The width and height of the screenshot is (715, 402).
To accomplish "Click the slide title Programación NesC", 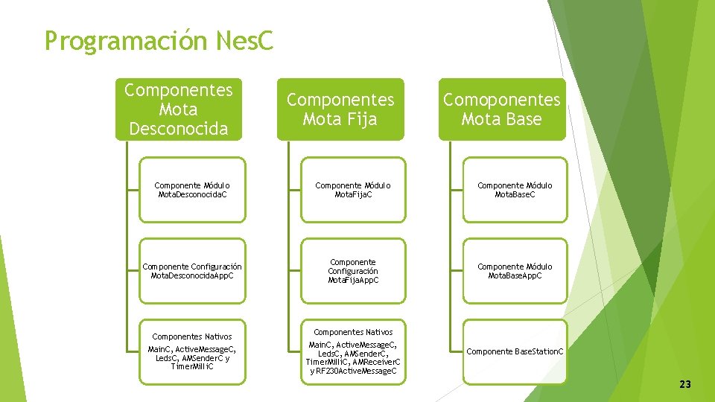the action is click(159, 40).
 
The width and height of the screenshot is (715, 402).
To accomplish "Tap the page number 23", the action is click(685, 384).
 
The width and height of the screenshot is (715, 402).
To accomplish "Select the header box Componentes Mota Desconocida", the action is click(179, 109).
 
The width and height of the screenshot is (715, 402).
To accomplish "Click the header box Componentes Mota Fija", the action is click(340, 109).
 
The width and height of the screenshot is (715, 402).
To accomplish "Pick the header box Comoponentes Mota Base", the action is click(501, 109).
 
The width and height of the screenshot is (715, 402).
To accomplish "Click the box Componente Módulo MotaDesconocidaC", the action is click(192, 190).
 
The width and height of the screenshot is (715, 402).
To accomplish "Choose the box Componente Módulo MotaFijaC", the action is click(353, 190).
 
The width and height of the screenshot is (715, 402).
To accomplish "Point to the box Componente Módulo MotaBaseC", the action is click(515, 190).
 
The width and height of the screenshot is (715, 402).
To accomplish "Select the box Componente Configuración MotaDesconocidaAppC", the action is click(192, 271).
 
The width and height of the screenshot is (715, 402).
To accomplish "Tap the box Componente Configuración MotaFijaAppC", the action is click(353, 271).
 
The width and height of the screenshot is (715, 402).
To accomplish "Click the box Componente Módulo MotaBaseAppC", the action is click(515, 271).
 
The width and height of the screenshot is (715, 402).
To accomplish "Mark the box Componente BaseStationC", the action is click(515, 351).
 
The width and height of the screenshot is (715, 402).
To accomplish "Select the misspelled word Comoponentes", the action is click(501, 100).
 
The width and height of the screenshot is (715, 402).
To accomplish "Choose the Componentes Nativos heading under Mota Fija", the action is click(353, 332).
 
